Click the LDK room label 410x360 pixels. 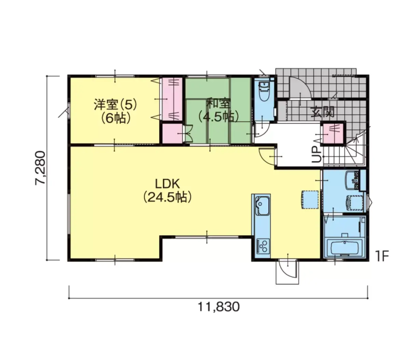tap(167, 184)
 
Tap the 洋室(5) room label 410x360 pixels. tap(115, 105)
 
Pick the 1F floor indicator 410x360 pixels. tap(382, 256)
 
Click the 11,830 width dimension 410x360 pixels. tap(218, 307)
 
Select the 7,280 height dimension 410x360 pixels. tap(40, 168)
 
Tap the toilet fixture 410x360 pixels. tap(264, 91)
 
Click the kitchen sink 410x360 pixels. tap(262, 206)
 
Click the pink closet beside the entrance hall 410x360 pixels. tap(333, 133)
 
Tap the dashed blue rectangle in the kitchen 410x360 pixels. tap(310, 199)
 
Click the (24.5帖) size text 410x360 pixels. tap(167, 197)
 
